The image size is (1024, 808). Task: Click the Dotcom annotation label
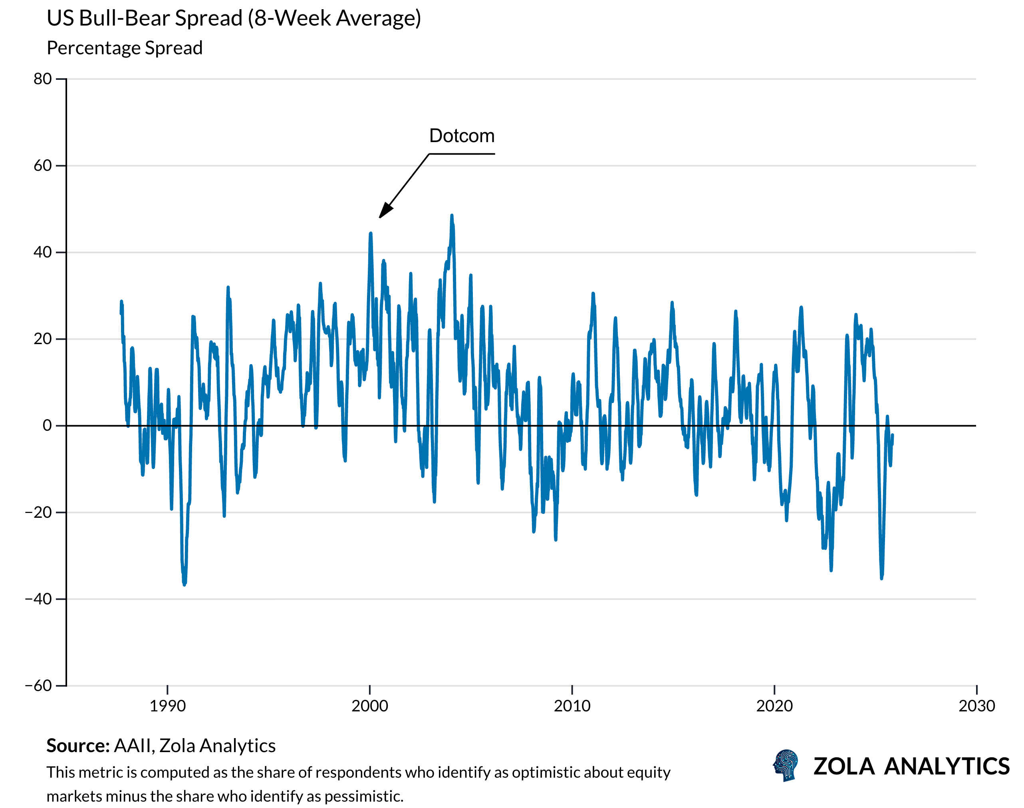click(461, 136)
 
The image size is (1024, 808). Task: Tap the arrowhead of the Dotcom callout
click(384, 212)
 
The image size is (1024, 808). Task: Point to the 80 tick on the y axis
click(43, 79)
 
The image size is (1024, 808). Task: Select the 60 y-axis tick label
click(43, 166)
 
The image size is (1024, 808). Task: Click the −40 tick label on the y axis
click(38, 599)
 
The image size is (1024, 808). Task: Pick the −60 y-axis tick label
click(38, 685)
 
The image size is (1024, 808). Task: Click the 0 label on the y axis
click(47, 426)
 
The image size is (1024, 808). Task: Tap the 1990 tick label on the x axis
click(167, 706)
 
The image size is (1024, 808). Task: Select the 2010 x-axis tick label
click(572, 706)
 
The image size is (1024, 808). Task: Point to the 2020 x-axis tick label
click(774, 706)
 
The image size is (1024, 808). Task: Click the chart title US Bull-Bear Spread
click(233, 18)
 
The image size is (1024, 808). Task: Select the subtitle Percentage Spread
click(125, 48)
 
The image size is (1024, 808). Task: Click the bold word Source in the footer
click(77, 746)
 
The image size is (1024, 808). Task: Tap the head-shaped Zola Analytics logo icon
click(786, 765)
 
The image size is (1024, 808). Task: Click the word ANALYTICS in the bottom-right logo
click(947, 766)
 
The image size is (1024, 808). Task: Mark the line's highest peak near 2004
click(451, 216)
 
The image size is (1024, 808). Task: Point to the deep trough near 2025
click(881, 578)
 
